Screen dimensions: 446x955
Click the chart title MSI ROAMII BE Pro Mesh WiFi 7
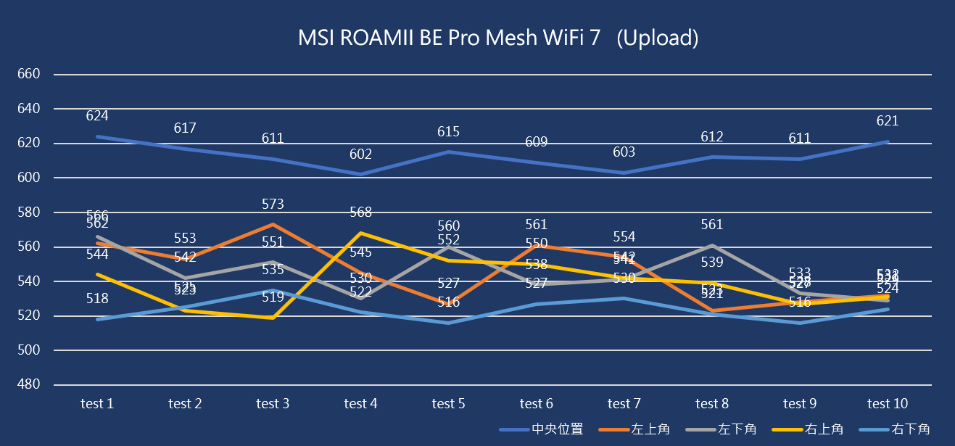(497, 38)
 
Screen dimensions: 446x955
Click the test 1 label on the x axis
(97, 404)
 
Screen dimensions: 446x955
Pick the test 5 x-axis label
(448, 404)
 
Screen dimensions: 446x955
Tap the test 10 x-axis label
(888, 404)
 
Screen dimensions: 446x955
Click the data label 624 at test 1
(97, 116)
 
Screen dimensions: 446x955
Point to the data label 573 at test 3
(273, 205)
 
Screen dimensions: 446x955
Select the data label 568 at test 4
(360, 212)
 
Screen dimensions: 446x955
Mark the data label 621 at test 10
(887, 122)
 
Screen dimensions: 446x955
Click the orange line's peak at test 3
(273, 224)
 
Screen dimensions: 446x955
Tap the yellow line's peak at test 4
(360, 233)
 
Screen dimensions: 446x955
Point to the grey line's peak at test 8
(712, 245)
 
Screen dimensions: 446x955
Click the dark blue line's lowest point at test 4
(360, 174)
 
